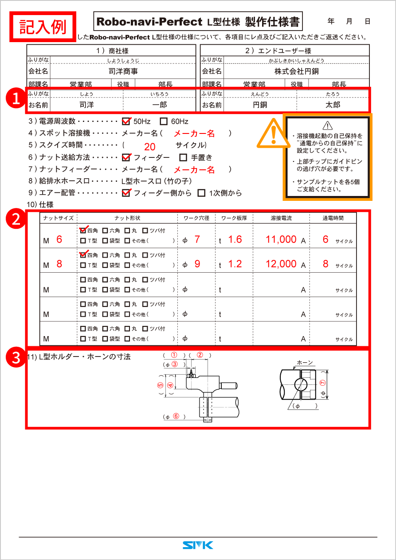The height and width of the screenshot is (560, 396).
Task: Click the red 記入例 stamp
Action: (43, 26)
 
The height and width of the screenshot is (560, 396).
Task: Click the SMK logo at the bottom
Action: (198, 544)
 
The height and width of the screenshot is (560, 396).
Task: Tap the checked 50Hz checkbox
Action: (126, 121)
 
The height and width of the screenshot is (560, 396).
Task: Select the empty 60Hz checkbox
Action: (164, 121)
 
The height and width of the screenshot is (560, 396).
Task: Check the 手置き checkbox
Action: (183, 157)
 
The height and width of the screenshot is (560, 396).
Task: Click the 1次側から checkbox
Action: (201, 193)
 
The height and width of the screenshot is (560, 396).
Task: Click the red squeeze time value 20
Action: (150, 147)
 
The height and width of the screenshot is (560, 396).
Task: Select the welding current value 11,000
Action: (281, 239)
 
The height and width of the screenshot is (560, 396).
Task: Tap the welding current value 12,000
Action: (281, 264)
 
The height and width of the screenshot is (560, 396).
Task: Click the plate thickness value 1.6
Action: (235, 239)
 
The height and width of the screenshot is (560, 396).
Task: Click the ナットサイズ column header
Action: (58, 218)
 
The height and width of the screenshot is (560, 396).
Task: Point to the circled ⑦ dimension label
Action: (322, 382)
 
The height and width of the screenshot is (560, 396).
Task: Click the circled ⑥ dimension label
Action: (176, 416)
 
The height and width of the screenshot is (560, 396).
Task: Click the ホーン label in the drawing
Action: (305, 362)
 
